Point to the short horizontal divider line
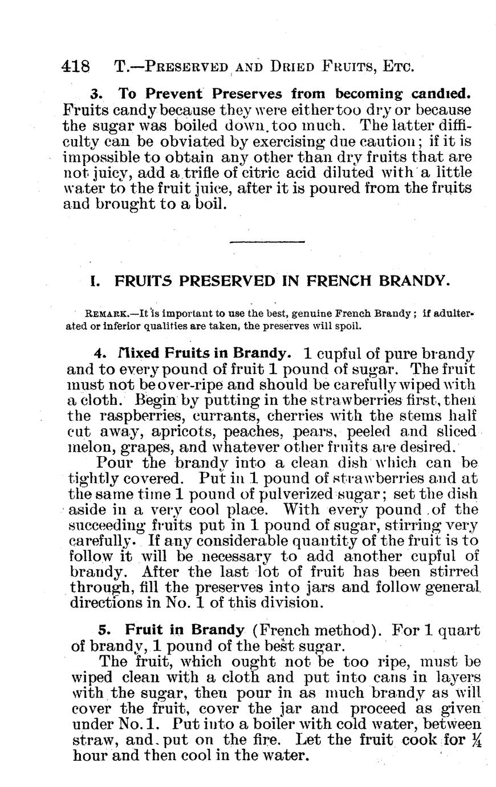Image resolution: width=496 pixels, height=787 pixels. (267, 242)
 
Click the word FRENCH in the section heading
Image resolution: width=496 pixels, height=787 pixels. (336, 281)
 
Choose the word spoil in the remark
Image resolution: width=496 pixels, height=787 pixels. (346, 326)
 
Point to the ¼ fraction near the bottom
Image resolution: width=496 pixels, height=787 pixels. (474, 741)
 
